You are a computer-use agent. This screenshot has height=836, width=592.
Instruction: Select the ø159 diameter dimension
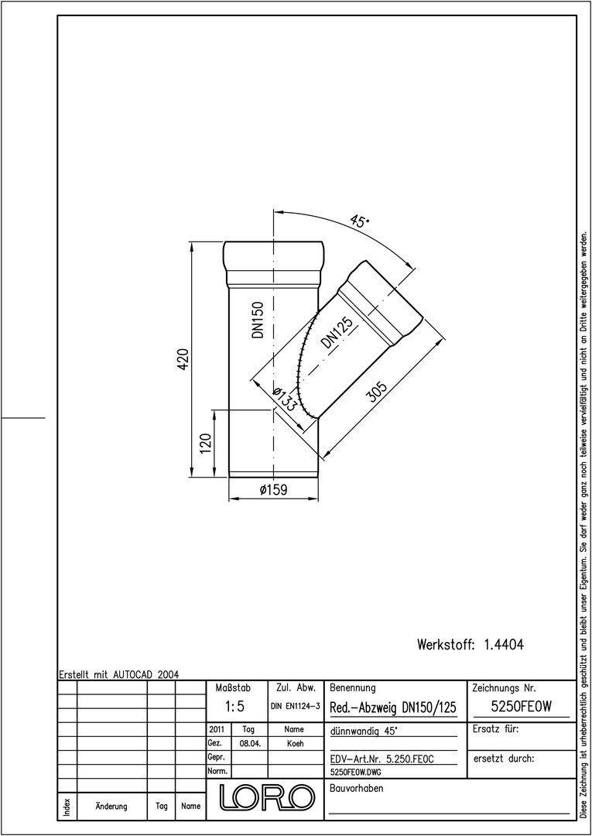coord(273,489)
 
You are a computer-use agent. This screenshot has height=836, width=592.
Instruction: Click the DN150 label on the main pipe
coord(259,320)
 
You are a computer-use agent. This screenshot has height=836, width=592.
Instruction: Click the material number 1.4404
coord(504,645)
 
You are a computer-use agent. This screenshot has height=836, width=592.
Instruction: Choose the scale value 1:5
coord(234,707)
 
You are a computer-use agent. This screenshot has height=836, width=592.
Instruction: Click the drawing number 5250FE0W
coord(521,707)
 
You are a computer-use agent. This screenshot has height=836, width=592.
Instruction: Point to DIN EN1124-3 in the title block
coord(295,707)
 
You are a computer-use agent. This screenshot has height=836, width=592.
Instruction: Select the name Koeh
coord(295,744)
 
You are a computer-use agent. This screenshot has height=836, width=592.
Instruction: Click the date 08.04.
coord(249,744)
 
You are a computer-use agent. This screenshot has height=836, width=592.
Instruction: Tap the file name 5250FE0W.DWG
coord(356,772)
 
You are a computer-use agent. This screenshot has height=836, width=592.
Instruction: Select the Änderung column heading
coord(111,806)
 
